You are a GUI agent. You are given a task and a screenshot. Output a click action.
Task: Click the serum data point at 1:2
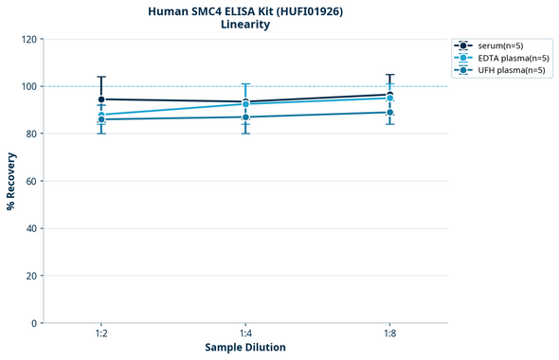pyautogui.click(x=101, y=99)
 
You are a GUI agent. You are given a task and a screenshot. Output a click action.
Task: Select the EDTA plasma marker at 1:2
pyautogui.click(x=101, y=115)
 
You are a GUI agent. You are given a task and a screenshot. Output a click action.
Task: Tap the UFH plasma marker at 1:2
pyautogui.click(x=101, y=119)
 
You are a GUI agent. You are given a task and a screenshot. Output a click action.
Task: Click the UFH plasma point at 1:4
pyautogui.click(x=245, y=117)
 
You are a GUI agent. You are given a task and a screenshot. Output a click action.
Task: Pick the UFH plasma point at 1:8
pyautogui.click(x=389, y=112)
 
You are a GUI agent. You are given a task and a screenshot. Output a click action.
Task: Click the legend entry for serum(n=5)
pyautogui.click(x=500, y=45)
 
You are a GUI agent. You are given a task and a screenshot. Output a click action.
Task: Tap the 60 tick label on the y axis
pyautogui.click(x=32, y=181)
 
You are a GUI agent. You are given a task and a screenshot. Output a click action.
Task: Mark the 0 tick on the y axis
pyautogui.click(x=35, y=323)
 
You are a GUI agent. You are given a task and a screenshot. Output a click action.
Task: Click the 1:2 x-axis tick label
pyautogui.click(x=101, y=333)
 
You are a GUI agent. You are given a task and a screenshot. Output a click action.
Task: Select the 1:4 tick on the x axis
pyautogui.click(x=245, y=333)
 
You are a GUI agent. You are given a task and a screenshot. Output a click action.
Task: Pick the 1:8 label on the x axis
pyautogui.click(x=389, y=333)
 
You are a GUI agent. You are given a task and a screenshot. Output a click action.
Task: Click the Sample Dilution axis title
pyautogui.click(x=245, y=348)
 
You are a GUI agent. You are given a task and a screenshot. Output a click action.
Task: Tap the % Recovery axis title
pyautogui.click(x=11, y=181)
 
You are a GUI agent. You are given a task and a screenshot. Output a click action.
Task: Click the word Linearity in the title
pyautogui.click(x=244, y=25)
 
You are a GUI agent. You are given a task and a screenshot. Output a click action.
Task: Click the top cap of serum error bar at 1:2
pyautogui.click(x=101, y=77)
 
